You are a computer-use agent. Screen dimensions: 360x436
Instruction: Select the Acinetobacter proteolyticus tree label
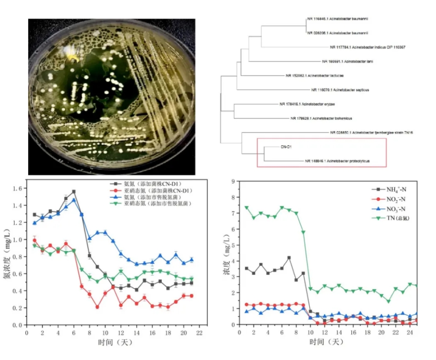(x=337, y=161)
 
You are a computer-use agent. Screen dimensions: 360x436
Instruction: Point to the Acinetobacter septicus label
(x=340, y=90)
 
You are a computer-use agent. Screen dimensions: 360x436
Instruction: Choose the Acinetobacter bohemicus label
(x=321, y=118)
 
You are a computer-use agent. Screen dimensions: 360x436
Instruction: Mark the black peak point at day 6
(x=74, y=191)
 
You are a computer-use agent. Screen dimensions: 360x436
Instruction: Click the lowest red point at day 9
(x=97, y=307)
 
